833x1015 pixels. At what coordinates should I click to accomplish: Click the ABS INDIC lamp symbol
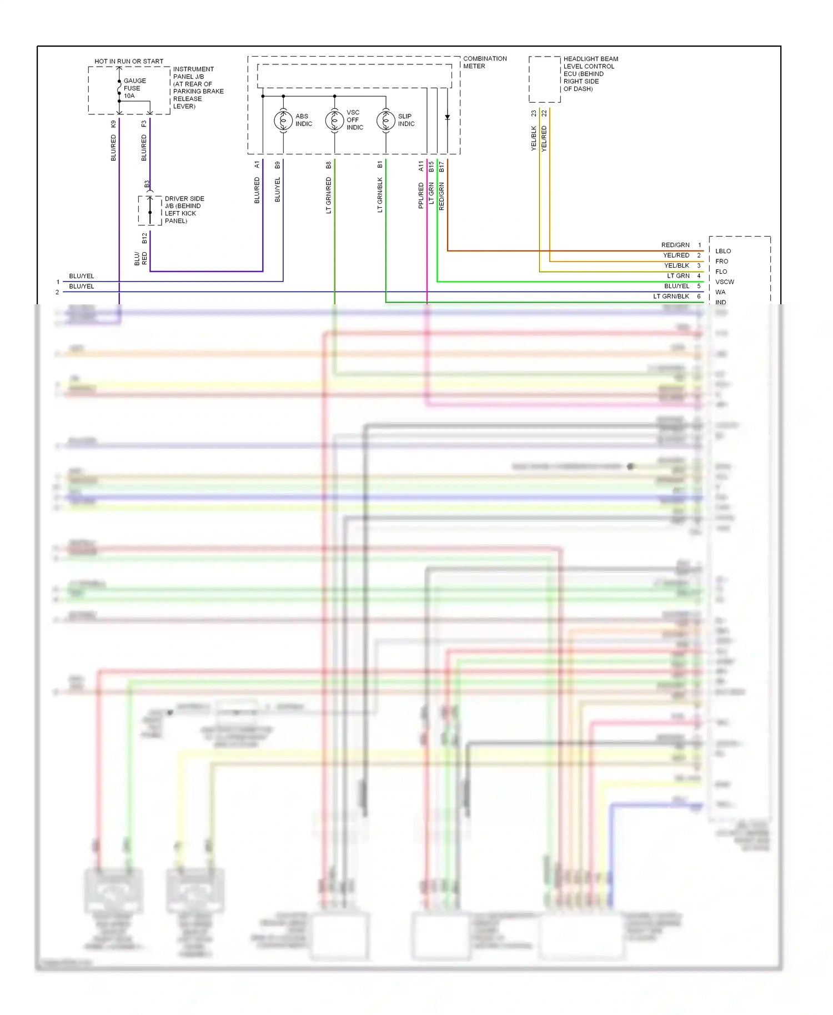(x=283, y=120)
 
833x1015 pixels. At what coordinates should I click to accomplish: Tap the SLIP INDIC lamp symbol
(x=385, y=120)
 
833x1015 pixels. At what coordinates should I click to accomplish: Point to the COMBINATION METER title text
(x=485, y=62)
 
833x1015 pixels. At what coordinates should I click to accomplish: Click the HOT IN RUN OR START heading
(x=129, y=61)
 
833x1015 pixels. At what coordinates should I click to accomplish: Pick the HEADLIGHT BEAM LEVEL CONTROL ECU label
(x=590, y=73)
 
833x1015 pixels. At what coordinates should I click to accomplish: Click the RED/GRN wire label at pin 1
(x=675, y=245)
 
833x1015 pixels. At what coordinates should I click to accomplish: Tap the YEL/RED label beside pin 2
(x=676, y=255)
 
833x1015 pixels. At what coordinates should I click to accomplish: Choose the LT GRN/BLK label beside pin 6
(x=671, y=297)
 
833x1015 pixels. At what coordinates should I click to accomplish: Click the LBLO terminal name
(x=722, y=251)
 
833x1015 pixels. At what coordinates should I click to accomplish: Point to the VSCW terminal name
(x=724, y=282)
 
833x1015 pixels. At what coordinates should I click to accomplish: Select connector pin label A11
(x=421, y=165)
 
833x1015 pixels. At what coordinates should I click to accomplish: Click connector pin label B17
(x=441, y=165)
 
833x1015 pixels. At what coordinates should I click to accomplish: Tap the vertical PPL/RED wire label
(x=421, y=195)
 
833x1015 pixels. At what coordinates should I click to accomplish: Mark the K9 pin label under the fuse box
(x=113, y=124)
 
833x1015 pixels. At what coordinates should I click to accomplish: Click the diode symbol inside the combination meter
(x=447, y=117)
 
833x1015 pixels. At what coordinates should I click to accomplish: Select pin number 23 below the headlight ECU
(x=534, y=113)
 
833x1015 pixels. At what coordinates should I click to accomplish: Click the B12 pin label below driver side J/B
(x=144, y=238)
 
